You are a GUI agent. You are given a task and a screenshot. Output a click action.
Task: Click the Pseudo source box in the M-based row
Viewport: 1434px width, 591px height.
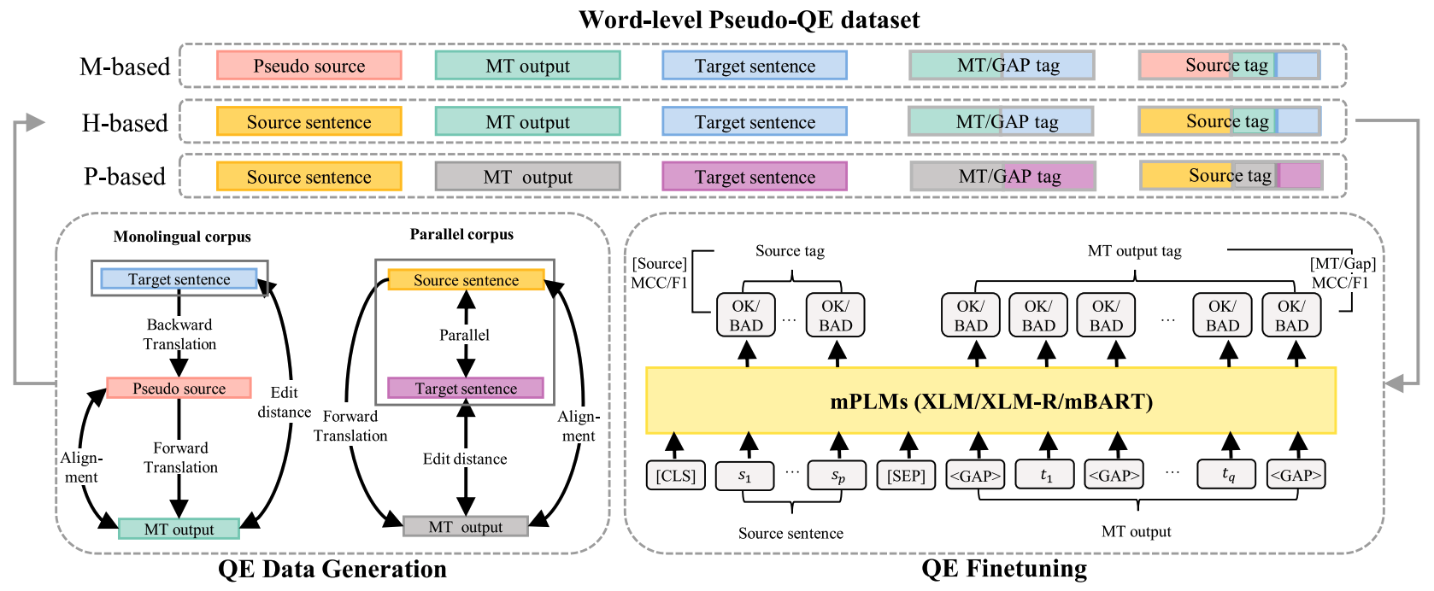[x=309, y=66]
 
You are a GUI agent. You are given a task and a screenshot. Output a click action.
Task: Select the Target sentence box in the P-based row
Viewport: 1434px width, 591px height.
[x=754, y=177]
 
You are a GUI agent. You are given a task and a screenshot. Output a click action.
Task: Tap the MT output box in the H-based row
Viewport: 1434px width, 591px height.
[x=527, y=121]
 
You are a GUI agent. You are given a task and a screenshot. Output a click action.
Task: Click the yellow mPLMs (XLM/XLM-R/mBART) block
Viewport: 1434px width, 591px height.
[x=990, y=401]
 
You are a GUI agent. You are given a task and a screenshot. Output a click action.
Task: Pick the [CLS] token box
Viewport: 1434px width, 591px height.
[x=675, y=476]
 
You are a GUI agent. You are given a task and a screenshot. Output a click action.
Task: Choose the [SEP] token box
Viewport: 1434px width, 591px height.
[x=906, y=476]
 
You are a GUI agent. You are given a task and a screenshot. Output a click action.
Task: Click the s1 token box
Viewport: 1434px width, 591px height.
[x=744, y=476]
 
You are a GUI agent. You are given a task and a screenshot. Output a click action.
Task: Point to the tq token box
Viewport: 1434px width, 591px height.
[x=1228, y=475]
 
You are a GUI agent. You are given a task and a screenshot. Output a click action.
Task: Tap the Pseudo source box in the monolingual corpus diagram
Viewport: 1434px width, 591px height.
[x=179, y=389]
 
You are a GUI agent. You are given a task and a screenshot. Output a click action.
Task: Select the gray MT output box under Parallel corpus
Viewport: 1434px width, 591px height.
[x=465, y=527]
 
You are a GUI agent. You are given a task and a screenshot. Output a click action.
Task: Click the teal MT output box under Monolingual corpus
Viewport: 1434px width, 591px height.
[x=179, y=530]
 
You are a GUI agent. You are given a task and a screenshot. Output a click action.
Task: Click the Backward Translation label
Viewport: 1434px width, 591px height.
[x=179, y=334]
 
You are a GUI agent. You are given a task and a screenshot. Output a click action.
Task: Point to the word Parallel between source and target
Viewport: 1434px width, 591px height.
[x=464, y=335]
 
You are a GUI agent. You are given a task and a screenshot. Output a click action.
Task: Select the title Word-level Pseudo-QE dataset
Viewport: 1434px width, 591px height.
[x=749, y=19]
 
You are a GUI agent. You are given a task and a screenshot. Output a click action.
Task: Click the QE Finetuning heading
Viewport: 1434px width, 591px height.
[x=1004, y=568]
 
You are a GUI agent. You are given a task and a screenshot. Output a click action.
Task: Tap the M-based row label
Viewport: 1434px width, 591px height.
[x=125, y=67]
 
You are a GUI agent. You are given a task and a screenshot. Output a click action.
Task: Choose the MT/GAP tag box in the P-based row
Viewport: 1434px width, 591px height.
[x=1002, y=177]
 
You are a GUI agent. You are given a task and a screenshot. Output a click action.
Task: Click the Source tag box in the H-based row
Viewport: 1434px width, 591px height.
[x=1230, y=121]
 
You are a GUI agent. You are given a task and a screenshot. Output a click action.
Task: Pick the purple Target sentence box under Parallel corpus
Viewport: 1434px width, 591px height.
[x=465, y=389]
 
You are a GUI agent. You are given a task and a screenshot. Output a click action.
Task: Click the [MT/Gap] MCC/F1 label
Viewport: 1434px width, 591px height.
[x=1342, y=273]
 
